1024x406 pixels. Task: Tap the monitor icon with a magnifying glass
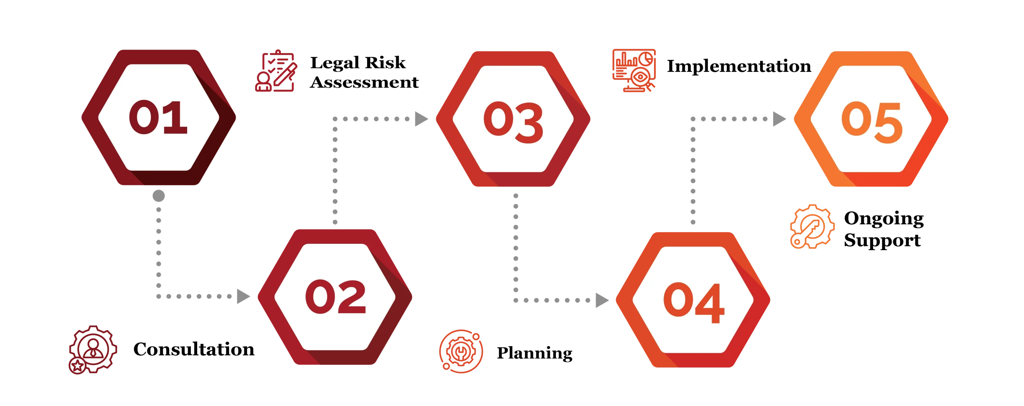tap(634, 70)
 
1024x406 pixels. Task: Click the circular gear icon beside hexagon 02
tap(461, 351)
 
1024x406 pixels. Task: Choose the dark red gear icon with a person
tap(92, 349)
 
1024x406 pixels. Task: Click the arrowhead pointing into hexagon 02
tap(243, 297)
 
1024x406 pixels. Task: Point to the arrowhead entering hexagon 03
tap(420, 118)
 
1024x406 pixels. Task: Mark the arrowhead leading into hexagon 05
tap(778, 118)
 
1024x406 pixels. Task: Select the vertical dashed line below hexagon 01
tap(159, 244)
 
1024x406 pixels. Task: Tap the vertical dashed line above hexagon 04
tap(693, 176)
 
